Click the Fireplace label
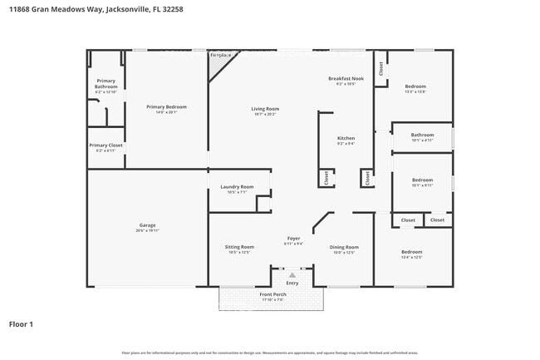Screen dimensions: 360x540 click(220, 55)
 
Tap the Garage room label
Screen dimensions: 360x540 click(147, 224)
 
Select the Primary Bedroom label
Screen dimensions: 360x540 click(166, 106)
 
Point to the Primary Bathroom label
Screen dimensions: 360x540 click(106, 84)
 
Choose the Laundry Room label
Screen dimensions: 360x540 click(237, 187)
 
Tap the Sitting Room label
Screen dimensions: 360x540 click(240, 247)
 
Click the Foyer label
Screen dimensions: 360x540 click(293, 239)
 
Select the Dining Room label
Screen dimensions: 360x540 click(344, 247)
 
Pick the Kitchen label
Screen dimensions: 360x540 click(346, 138)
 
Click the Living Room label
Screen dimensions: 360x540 click(265, 109)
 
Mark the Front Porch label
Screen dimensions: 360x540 click(272, 295)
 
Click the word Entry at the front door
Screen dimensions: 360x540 click(292, 283)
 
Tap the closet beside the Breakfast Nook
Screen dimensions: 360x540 click(381, 70)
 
